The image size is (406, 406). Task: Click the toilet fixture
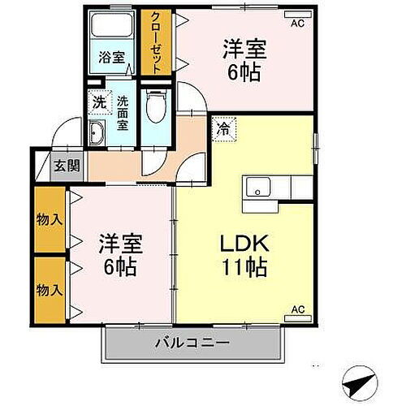155,105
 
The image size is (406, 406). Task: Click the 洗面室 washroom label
123,108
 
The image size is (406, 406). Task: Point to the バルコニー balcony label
192,343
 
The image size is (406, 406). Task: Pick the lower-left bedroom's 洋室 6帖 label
119,254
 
